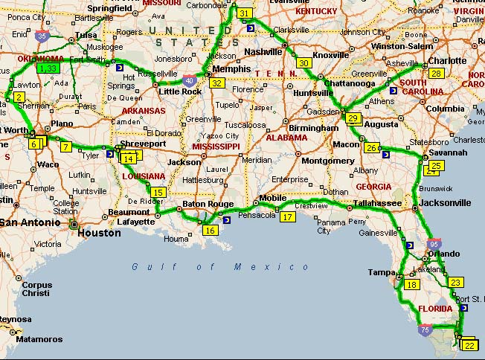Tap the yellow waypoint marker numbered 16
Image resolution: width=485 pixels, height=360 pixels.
[x=210, y=231]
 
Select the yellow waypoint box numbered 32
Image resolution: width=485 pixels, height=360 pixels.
[x=217, y=83]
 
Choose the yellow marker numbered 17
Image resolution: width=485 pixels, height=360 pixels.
[x=288, y=216]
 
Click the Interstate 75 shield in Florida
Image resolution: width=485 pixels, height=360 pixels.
[x=425, y=330]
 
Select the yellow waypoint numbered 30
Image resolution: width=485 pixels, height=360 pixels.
[x=303, y=63]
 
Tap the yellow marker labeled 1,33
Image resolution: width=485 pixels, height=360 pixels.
[x=48, y=68]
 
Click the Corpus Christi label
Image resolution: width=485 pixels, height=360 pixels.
[x=36, y=289]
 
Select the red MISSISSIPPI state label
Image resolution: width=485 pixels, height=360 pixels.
[x=216, y=147]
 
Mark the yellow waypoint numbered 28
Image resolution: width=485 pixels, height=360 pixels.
[x=437, y=73]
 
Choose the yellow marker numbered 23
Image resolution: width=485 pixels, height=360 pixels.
[x=456, y=282]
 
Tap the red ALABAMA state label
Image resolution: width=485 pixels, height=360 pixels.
[x=286, y=138]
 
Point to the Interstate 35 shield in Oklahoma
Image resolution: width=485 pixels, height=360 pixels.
[x=42, y=34]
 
